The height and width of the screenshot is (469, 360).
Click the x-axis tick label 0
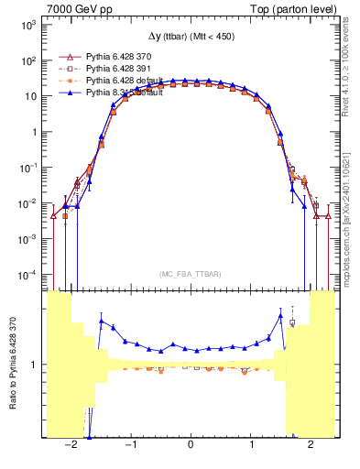[x=190, y=445]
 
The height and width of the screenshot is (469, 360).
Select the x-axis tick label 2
[x=311, y=445]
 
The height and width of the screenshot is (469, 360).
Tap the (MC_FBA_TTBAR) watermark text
[x=190, y=274]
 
